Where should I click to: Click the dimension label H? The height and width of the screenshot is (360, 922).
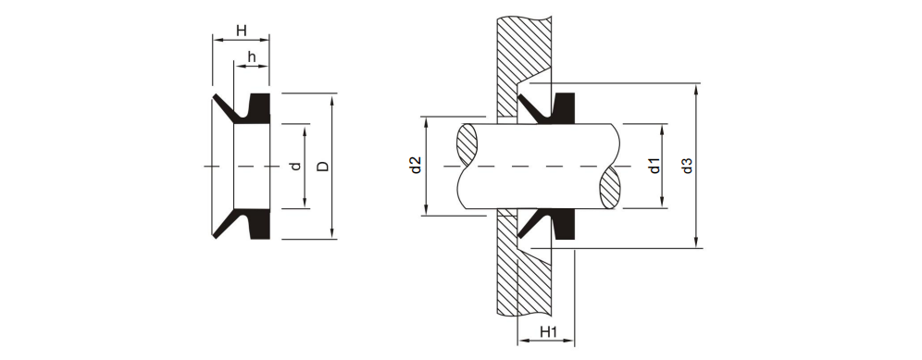(x=241, y=31)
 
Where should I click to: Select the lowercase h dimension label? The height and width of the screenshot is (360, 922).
(x=250, y=57)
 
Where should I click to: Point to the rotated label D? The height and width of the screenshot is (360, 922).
(x=321, y=167)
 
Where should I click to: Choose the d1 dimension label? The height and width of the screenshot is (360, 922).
(x=654, y=167)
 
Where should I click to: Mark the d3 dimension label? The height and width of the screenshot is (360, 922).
(x=686, y=167)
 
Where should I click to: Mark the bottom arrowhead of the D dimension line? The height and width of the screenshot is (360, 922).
(x=331, y=235)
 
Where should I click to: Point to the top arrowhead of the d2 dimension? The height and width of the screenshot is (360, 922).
(x=425, y=121)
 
